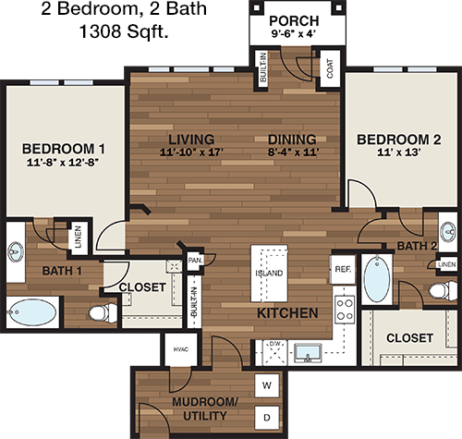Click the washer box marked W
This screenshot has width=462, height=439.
click(x=267, y=385)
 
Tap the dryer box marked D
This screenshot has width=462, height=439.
click(x=267, y=418)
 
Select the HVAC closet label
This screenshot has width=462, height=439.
click(x=181, y=349)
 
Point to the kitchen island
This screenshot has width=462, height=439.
click(x=270, y=274)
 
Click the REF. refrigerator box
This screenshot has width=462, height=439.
click(x=343, y=269)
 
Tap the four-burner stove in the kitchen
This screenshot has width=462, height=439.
click(x=345, y=310)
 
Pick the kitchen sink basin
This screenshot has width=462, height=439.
click(x=308, y=353)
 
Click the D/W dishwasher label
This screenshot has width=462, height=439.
click(x=274, y=344)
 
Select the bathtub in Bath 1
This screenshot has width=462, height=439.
click(x=32, y=312)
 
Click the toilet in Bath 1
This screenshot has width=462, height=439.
click(x=103, y=312)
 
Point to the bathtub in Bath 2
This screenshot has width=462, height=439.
click(x=377, y=279)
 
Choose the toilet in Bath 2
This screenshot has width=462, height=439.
click(x=443, y=290)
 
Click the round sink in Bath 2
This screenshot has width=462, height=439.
click(x=448, y=231)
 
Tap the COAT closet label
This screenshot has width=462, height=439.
click(x=330, y=68)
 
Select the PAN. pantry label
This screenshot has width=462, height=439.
click(x=195, y=261)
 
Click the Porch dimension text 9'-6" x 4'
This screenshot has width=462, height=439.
click(x=294, y=33)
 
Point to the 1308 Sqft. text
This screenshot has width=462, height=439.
click(x=124, y=31)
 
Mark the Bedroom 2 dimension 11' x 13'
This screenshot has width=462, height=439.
click(x=399, y=152)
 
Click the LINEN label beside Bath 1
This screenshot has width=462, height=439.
click(x=79, y=237)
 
